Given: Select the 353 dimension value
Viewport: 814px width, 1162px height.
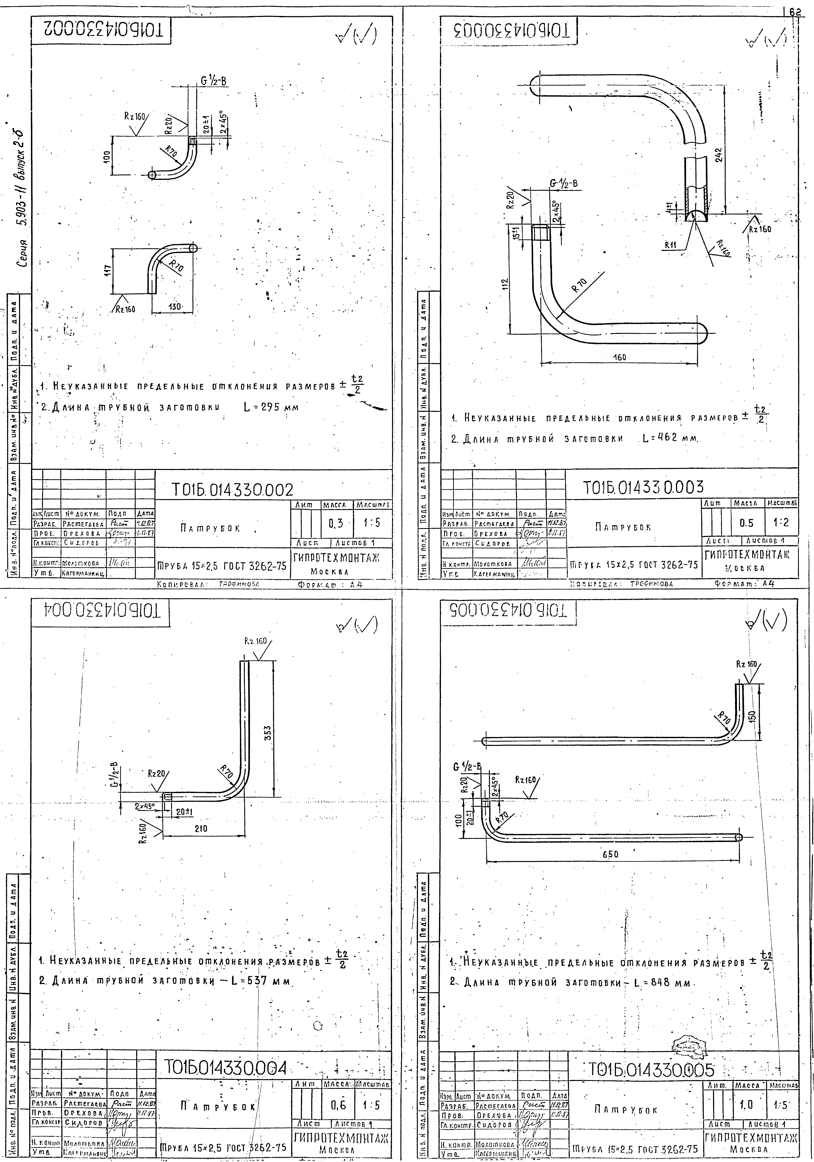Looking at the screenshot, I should (269, 732).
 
